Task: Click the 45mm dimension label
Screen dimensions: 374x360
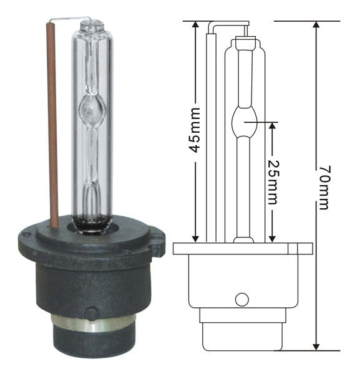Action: tap(195, 130)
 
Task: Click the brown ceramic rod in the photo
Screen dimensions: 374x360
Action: tap(52, 125)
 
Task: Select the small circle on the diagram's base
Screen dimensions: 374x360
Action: tap(241, 299)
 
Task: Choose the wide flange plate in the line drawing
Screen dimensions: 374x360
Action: tap(242, 249)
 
